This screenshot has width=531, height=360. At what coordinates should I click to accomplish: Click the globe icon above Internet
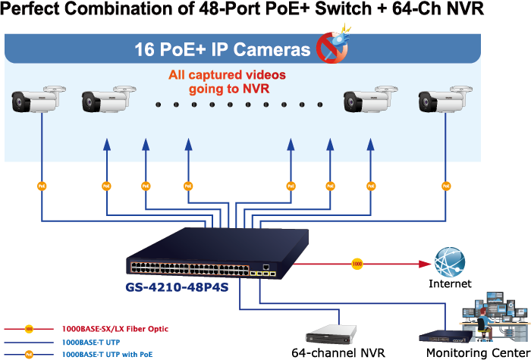pyautogui.click(x=450, y=261)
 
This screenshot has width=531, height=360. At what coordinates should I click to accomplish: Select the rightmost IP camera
pyautogui.click(x=443, y=100)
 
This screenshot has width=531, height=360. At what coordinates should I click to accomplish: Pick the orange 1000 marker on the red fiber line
pyautogui.click(x=357, y=264)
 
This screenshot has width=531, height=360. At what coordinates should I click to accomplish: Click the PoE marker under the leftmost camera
pyautogui.click(x=42, y=185)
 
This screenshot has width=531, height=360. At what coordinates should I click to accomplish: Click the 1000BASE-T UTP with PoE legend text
pyautogui.click(x=107, y=354)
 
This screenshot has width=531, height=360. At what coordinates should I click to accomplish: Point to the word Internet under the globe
pyautogui.click(x=450, y=284)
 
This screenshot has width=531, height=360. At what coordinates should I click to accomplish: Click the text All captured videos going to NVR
pyautogui.click(x=227, y=82)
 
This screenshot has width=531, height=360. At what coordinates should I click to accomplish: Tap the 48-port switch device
pyautogui.click(x=205, y=254)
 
